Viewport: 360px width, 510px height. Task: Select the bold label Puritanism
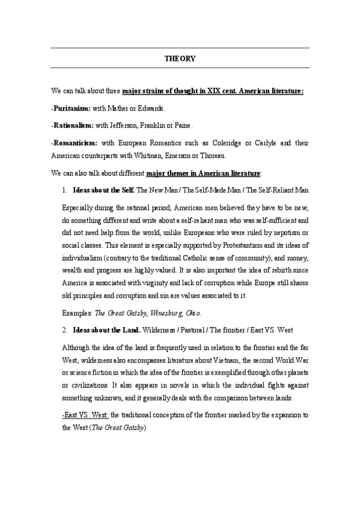(71, 108)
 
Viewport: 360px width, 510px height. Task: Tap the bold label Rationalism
(72, 126)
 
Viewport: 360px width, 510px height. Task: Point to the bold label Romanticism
(75, 144)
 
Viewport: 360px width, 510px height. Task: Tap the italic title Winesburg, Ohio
(176, 313)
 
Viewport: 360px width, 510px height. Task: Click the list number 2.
(65, 330)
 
